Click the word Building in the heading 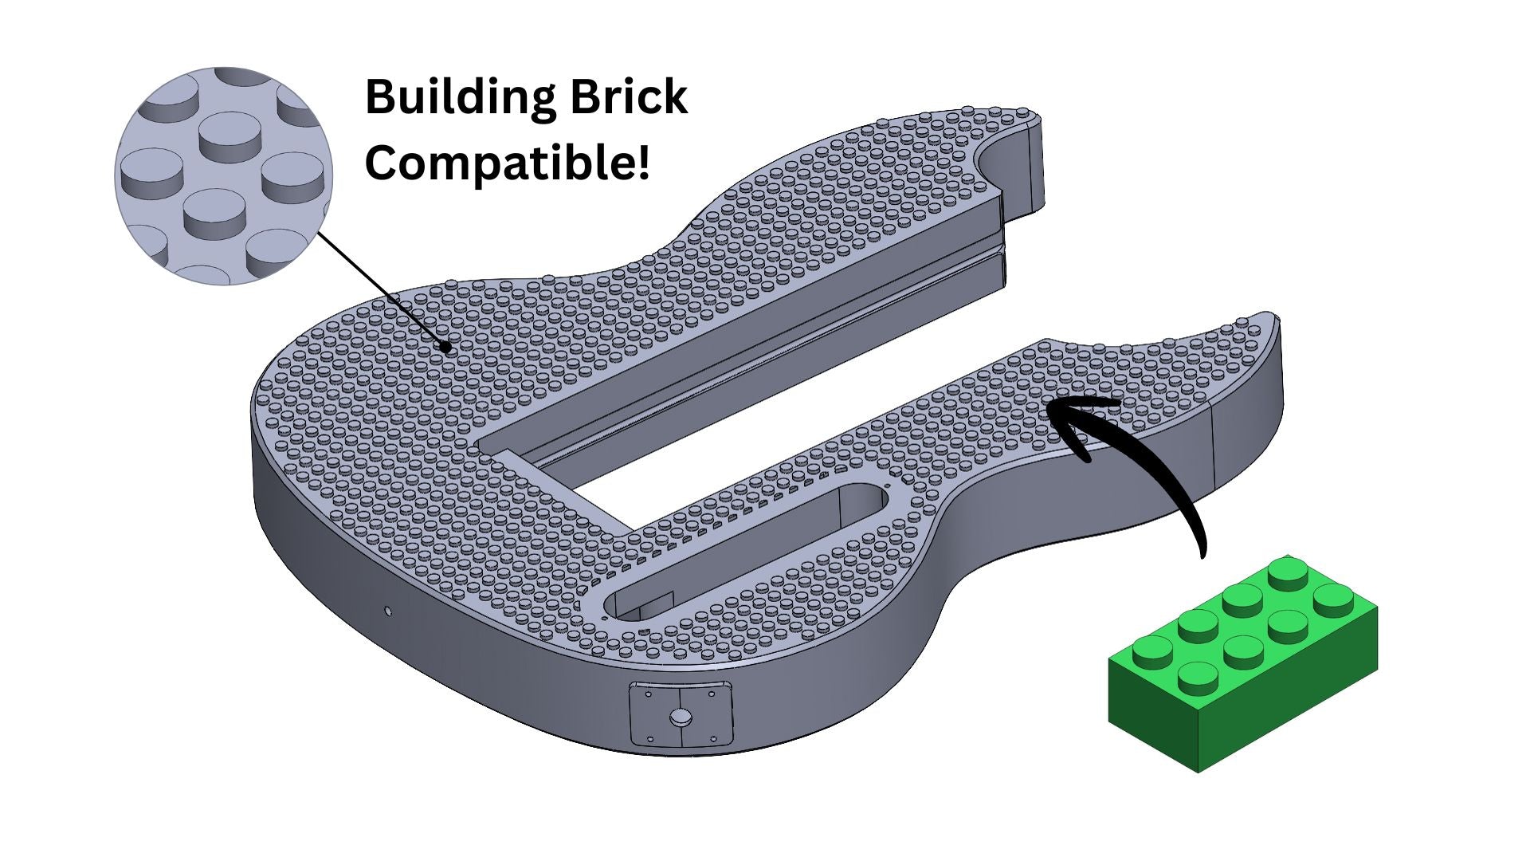click(x=459, y=97)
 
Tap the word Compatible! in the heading click(x=507, y=163)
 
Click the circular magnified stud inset click(x=223, y=175)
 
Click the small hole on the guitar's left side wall click(x=388, y=611)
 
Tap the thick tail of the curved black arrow click(x=1187, y=518)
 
